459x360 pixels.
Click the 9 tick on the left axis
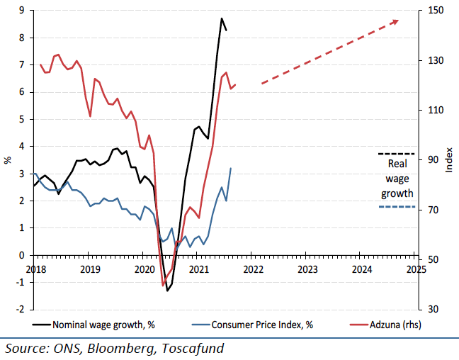point(22,10)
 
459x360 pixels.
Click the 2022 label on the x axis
point(253,269)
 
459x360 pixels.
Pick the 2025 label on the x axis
point(416,269)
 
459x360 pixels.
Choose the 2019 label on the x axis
point(89,269)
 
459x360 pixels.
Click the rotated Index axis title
point(449,160)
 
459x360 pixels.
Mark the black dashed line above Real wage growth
point(397,153)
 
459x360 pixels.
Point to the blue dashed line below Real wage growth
point(397,206)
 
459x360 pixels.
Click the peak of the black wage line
point(222,18)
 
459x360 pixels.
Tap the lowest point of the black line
point(167,291)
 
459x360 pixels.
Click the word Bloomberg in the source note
point(120,348)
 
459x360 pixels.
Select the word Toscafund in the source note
point(189,348)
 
